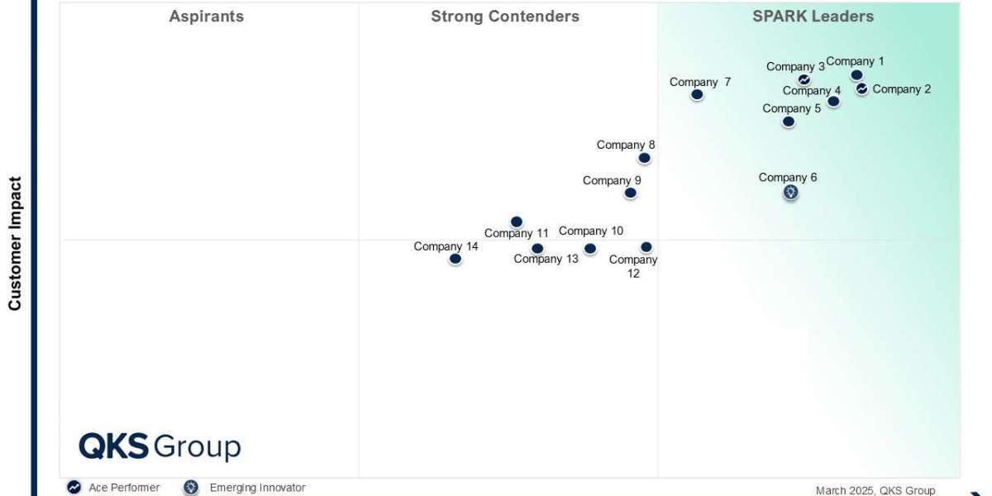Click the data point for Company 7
(697, 94)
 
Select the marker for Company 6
(791, 193)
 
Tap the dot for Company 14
(455, 259)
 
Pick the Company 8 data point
(644, 158)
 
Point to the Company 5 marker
(789, 122)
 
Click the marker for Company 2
(861, 88)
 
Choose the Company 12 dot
(646, 247)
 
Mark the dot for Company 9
(630, 193)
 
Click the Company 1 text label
(855, 61)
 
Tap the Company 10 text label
(591, 231)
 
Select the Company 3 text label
(795, 67)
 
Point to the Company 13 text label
(546, 259)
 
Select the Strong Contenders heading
(505, 17)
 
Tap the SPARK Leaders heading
(813, 17)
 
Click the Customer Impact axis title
(15, 243)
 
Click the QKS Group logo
(160, 446)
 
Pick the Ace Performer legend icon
(74, 488)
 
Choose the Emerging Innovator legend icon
(192, 488)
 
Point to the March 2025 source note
(875, 490)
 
